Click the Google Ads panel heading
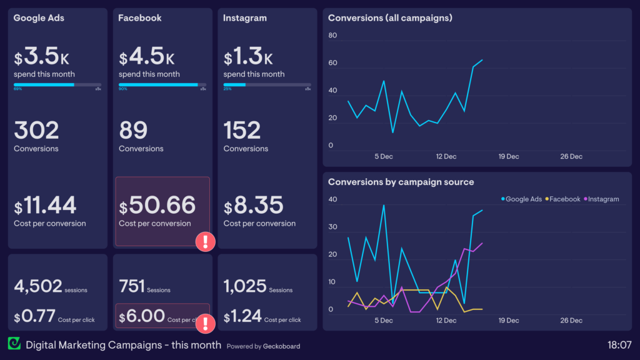point(39,18)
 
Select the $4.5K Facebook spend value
point(147,57)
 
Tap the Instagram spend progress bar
point(267,84)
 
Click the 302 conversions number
point(36,131)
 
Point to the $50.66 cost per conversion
point(157,206)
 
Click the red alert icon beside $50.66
point(206,242)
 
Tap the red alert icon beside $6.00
point(206,323)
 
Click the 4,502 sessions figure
point(38,286)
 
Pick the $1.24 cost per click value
point(242,317)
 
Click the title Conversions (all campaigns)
point(390,18)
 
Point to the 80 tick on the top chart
point(332,36)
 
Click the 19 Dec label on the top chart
point(508,156)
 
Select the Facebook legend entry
point(564,199)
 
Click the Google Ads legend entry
point(522,199)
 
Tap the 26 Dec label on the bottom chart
point(571,321)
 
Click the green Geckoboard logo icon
point(14,344)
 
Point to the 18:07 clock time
point(619,344)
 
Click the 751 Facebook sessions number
point(131,286)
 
